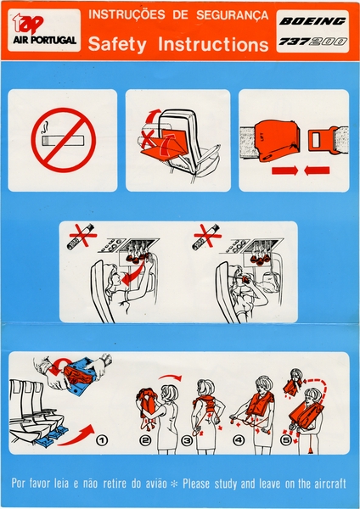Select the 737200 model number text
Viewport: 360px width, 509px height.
[x=313, y=41]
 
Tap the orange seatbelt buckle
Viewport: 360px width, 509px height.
[x=278, y=138]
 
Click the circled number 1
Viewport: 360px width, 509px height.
[x=103, y=440]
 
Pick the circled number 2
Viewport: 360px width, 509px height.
[x=145, y=440]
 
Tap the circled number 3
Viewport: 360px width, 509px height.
[x=188, y=440]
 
